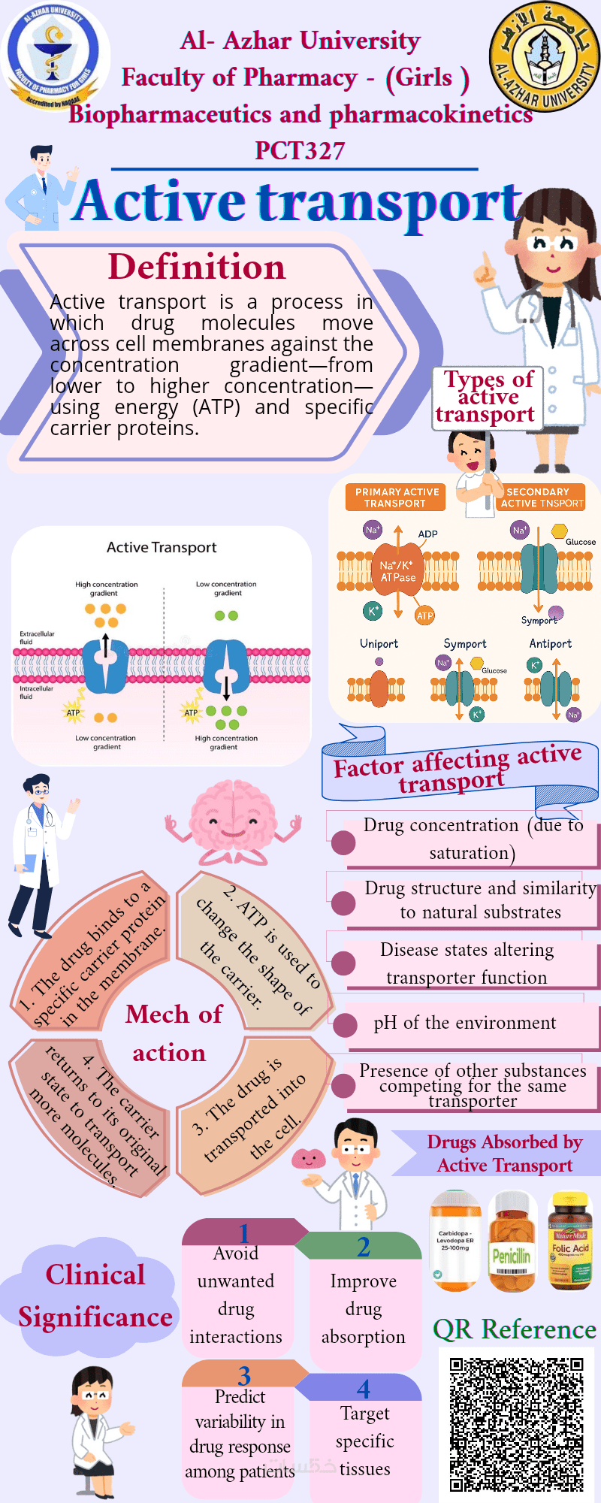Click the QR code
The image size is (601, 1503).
(x=517, y=1424)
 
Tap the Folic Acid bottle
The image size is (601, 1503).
(x=571, y=1241)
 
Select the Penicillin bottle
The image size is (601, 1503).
(x=512, y=1241)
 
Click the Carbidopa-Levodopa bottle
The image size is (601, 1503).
(x=455, y=1241)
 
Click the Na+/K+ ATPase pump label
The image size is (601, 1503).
(x=398, y=571)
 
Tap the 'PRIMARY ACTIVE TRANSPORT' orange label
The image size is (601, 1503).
(x=396, y=497)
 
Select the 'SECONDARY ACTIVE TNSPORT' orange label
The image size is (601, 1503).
(x=542, y=497)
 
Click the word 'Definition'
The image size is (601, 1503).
(x=197, y=268)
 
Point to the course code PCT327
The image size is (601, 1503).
(x=300, y=151)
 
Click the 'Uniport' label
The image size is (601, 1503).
(x=379, y=644)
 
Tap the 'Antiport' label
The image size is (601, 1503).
(x=551, y=644)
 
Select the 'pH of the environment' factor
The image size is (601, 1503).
(x=464, y=1024)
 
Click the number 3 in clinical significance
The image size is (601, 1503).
(x=244, y=1376)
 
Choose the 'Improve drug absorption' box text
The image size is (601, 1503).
(x=364, y=1308)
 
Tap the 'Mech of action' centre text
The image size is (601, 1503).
(x=173, y=1033)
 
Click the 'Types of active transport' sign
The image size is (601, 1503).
(x=485, y=398)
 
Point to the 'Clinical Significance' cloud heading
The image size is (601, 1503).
(x=95, y=1296)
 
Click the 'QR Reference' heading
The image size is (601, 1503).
(x=515, y=1329)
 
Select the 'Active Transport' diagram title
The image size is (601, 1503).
(x=162, y=548)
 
